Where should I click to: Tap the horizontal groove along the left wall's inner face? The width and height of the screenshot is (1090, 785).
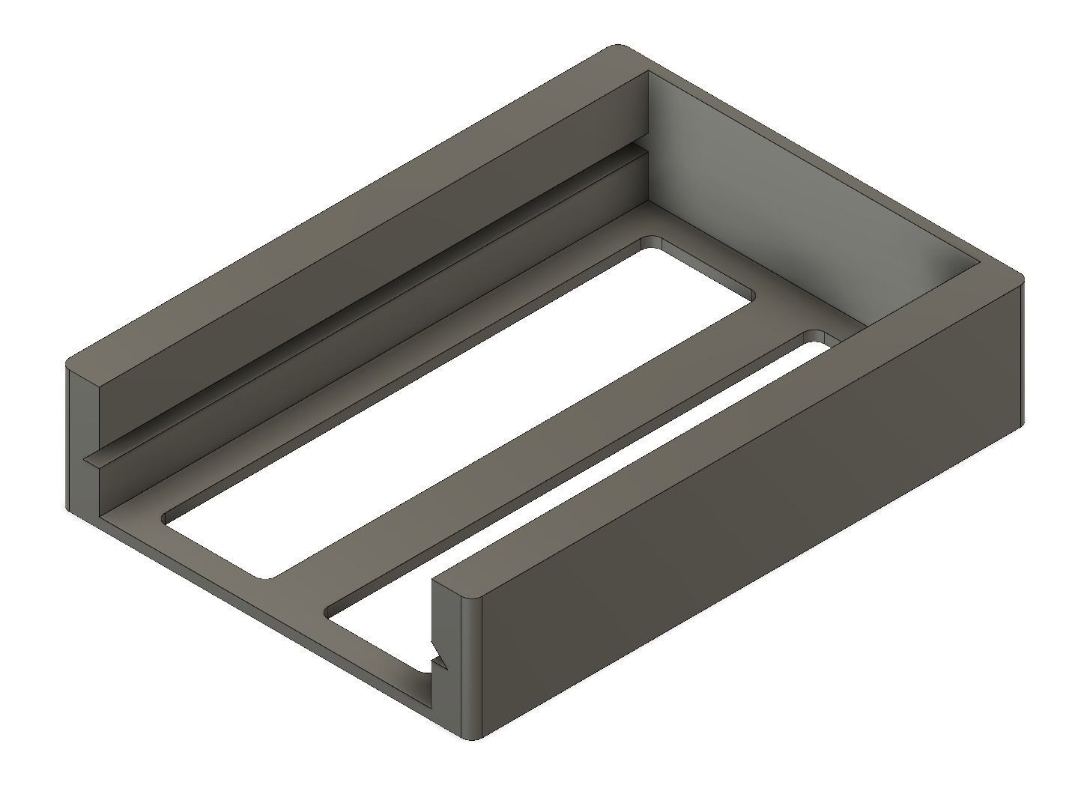[x=360, y=300]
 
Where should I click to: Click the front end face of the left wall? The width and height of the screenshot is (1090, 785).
[x=84, y=442]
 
